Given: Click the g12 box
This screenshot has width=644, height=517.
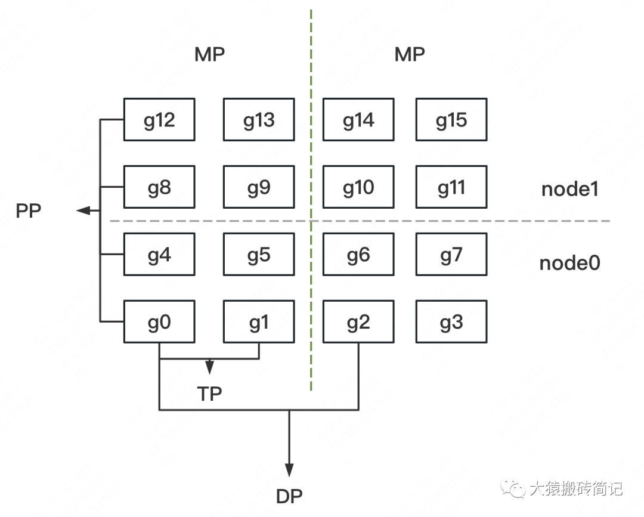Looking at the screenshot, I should [159, 120].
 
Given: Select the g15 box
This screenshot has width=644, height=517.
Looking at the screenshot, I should [451, 120].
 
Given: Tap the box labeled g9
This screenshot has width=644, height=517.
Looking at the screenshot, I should [259, 187].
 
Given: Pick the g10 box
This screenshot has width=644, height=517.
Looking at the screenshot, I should [358, 187].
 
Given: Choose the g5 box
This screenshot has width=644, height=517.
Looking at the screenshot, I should [259, 255].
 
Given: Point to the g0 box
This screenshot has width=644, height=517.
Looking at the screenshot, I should [159, 322].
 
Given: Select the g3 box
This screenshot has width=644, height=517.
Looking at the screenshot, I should [451, 322].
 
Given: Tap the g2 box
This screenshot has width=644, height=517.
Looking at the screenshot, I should [358, 322].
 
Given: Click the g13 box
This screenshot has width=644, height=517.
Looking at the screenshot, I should [259, 120].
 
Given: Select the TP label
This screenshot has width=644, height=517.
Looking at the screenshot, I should [209, 394].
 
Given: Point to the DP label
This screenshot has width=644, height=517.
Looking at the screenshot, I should [289, 496].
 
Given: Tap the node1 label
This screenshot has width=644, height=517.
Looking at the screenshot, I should [569, 189].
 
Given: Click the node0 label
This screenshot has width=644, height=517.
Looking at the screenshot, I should [569, 263].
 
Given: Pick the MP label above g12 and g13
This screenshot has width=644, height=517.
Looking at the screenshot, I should [209, 55].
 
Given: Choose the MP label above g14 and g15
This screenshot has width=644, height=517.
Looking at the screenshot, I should [410, 55].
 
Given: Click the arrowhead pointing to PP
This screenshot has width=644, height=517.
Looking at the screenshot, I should [84, 210].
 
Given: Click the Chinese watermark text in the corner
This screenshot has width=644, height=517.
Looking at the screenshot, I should [575, 489].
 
